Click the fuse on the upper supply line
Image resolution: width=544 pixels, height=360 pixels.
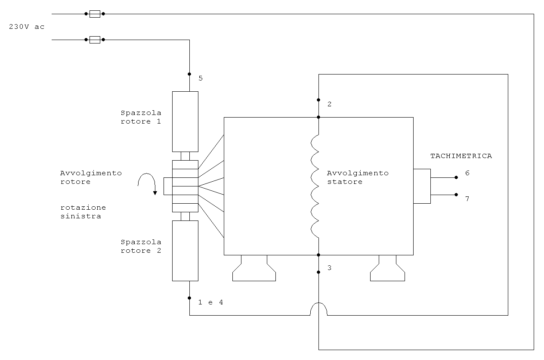(x=95, y=14)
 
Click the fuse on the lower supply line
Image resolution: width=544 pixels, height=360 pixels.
(x=95, y=40)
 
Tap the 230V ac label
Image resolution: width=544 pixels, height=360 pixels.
(x=27, y=27)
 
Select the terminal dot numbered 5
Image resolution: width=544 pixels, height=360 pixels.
(x=189, y=74)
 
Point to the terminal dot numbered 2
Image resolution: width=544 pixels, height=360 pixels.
(x=318, y=100)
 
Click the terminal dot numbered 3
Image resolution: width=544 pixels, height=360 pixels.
(x=318, y=272)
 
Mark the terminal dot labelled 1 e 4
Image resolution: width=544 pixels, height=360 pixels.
(x=189, y=298)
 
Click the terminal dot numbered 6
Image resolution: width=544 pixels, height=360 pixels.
(x=456, y=177)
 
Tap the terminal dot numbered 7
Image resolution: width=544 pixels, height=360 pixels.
(x=456, y=195)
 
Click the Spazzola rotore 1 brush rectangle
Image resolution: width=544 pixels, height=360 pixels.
(x=185, y=121)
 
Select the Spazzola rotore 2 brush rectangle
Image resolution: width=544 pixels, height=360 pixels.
(x=185, y=251)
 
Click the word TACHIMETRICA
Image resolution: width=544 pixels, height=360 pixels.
(x=461, y=156)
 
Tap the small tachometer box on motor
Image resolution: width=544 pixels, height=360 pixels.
(x=422, y=186)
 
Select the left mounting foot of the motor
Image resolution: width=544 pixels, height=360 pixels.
(x=254, y=268)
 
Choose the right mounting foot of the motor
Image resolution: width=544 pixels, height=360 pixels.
(x=387, y=268)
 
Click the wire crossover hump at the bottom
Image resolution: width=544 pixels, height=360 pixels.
(x=318, y=303)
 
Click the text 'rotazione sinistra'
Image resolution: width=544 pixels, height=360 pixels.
(x=83, y=212)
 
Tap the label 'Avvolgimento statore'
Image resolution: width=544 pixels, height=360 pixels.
(x=358, y=177)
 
